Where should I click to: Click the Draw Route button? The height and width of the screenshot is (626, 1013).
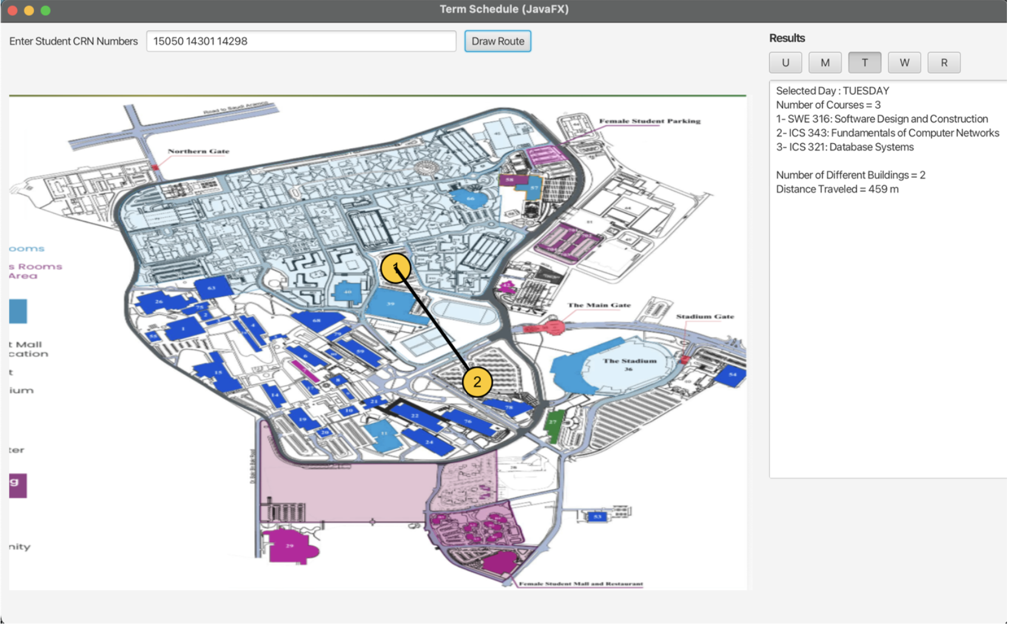pos(497,41)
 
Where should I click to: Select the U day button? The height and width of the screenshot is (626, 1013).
pos(785,62)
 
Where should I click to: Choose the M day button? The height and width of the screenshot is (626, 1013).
pos(825,62)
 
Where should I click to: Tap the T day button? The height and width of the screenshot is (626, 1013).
pos(864,62)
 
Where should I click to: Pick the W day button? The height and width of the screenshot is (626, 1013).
pos(904,62)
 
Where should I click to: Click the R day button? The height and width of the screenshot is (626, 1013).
pos(944,62)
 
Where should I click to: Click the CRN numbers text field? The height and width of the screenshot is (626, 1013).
pos(301,41)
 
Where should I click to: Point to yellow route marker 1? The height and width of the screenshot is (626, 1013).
pos(395,268)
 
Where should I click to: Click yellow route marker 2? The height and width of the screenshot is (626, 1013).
pos(477,382)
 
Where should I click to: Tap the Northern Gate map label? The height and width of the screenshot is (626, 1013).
pos(198,151)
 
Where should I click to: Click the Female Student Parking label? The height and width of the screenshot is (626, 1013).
pos(649,121)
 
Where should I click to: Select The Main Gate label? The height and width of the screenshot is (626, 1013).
pos(599,305)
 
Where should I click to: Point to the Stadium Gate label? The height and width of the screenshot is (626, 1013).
pos(705,317)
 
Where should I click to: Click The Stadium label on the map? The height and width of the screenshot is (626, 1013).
pos(629,361)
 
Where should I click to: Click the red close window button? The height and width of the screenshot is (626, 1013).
pos(12,10)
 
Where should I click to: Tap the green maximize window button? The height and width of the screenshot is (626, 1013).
pos(45,10)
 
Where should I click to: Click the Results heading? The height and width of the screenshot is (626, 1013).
pos(787,38)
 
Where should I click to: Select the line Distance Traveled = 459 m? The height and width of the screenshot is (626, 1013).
pos(837,189)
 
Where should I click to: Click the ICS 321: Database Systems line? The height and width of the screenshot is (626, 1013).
pos(844,147)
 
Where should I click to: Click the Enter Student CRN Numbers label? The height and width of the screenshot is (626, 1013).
pos(73,41)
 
